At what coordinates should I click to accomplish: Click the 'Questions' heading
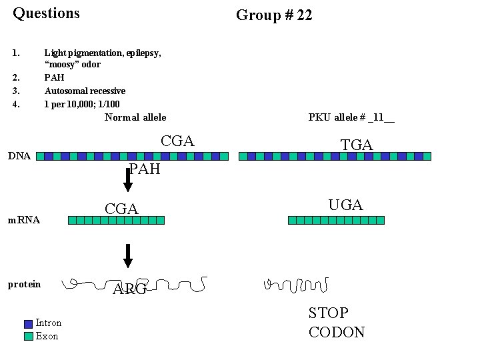pos(46,13)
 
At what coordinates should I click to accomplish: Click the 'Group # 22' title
pos(274,15)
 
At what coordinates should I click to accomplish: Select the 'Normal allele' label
pos(135,117)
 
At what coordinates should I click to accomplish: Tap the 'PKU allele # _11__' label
pos(351,117)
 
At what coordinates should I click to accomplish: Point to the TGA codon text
pos(357,145)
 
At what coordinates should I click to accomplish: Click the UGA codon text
pos(345,205)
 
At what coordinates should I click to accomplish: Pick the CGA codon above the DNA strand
pos(177,141)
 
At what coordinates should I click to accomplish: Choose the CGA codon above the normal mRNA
pos(121,209)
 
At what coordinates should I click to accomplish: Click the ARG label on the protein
pos(129,289)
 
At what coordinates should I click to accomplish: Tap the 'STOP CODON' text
pos(337,323)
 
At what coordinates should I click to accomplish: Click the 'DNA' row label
pos(19,156)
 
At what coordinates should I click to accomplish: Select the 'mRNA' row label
pos(24,219)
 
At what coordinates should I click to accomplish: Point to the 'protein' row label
pos(24,285)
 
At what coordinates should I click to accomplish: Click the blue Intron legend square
pos(28,324)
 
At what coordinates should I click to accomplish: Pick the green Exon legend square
pos(28,336)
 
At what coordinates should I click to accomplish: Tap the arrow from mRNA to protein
pos(128,255)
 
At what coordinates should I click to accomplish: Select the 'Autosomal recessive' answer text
pos(85,91)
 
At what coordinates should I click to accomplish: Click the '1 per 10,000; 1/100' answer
pos(82,104)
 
